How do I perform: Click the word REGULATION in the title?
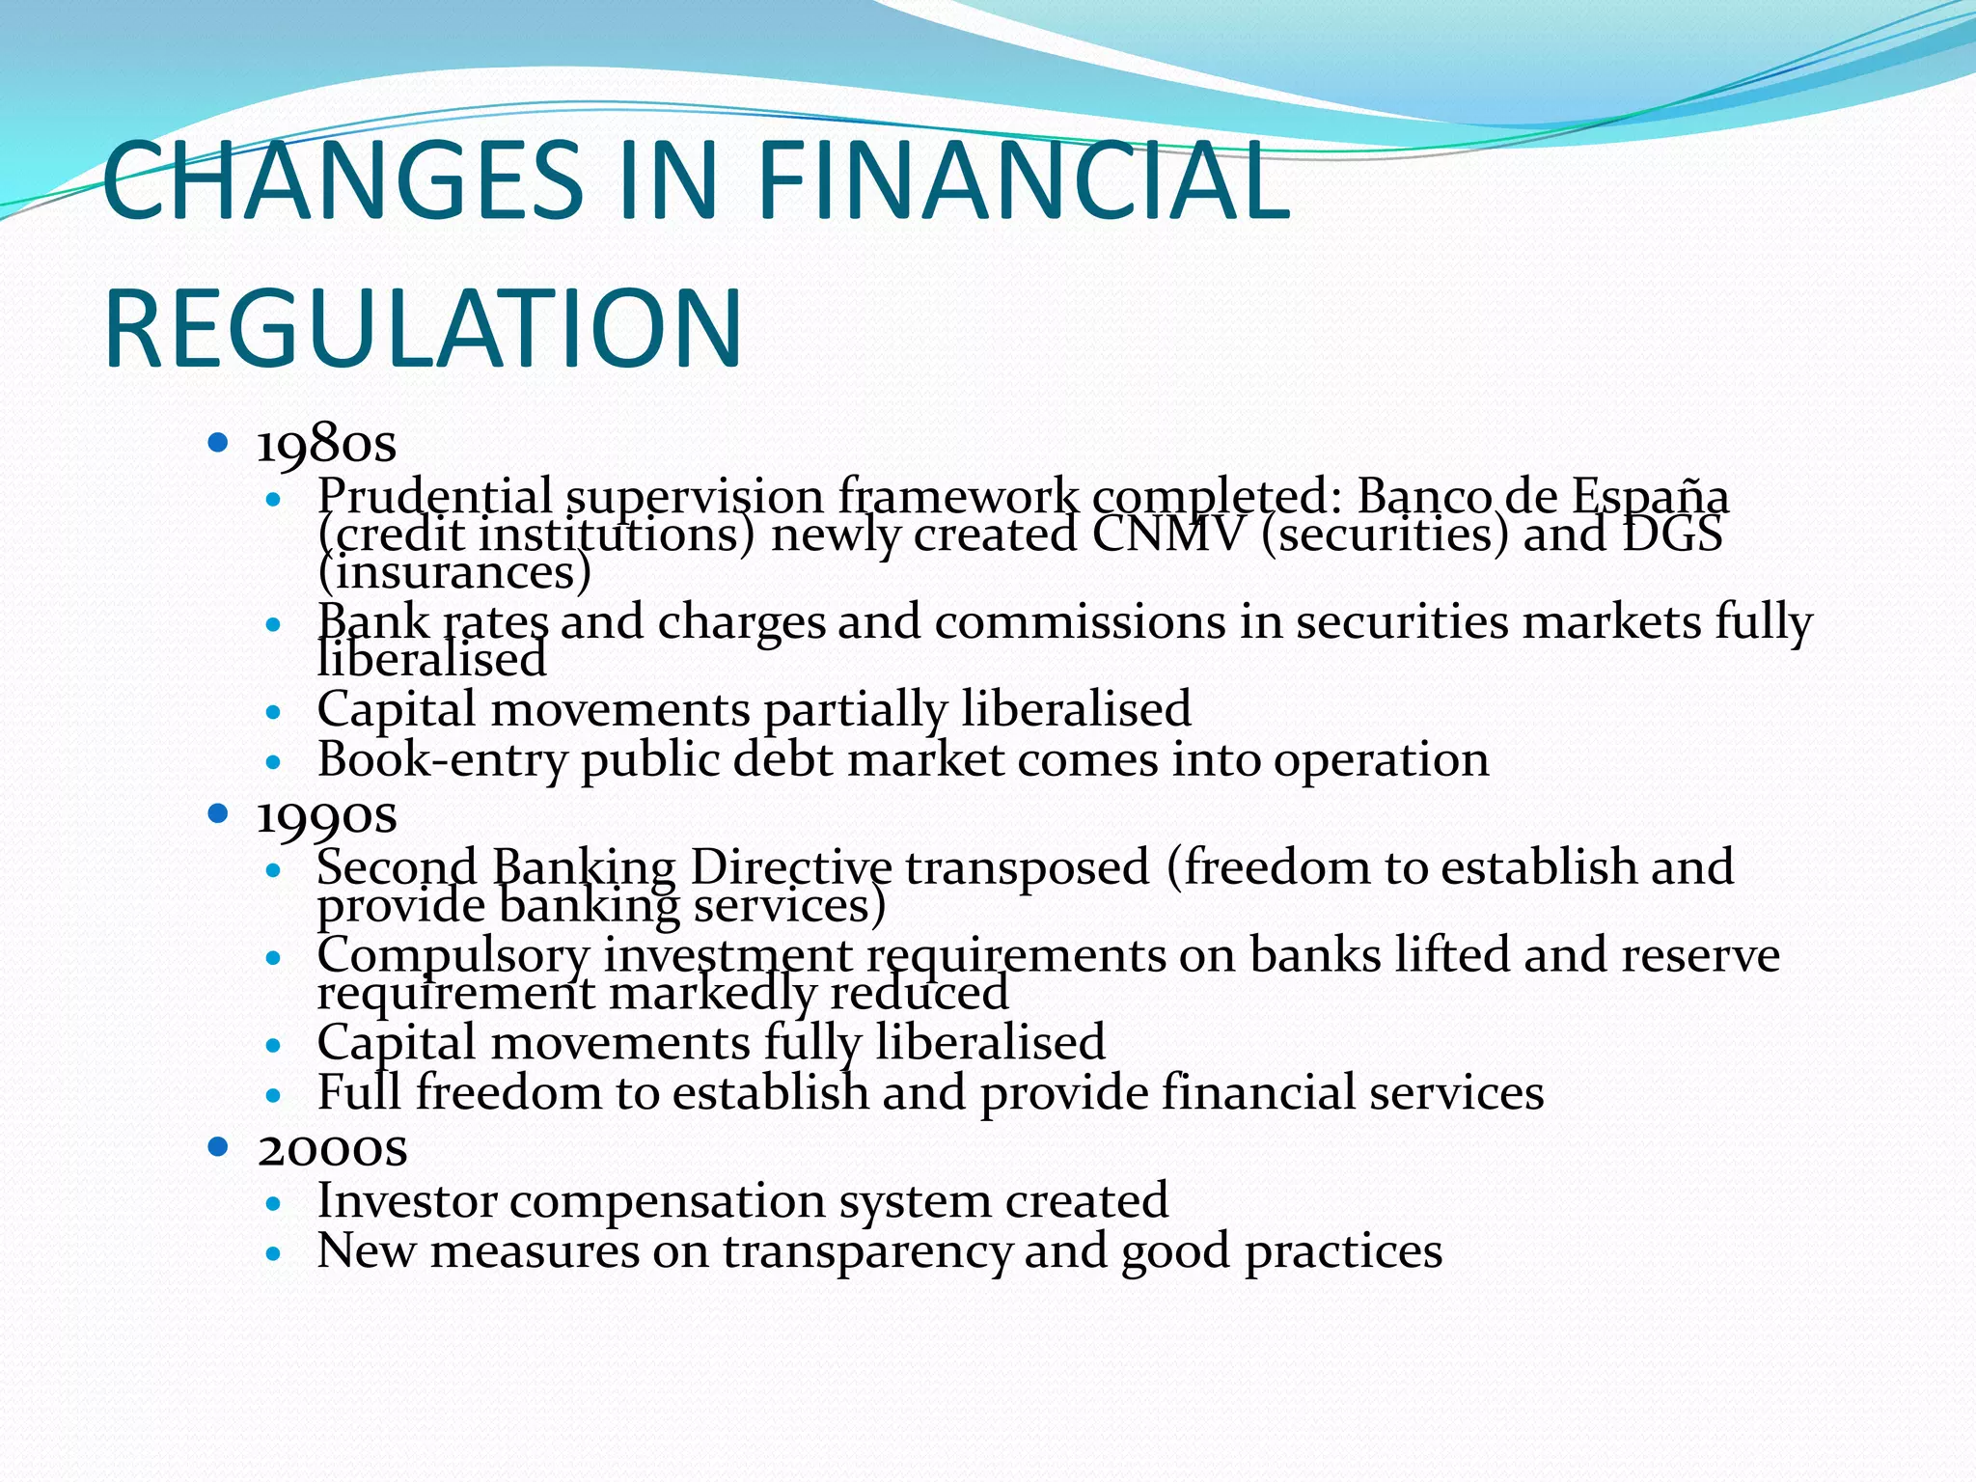[x=423, y=329]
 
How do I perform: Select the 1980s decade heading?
[x=326, y=445]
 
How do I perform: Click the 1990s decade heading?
[x=326, y=816]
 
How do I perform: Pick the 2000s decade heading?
[x=332, y=1149]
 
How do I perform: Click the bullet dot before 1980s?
[x=218, y=444]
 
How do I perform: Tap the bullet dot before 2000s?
[x=218, y=1146]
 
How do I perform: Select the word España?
[x=1650, y=497]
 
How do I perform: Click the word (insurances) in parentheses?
[x=453, y=572]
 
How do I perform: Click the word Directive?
[x=791, y=867]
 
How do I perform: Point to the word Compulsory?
[x=453, y=956]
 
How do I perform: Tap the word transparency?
[x=867, y=1252]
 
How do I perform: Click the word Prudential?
[x=435, y=497]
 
